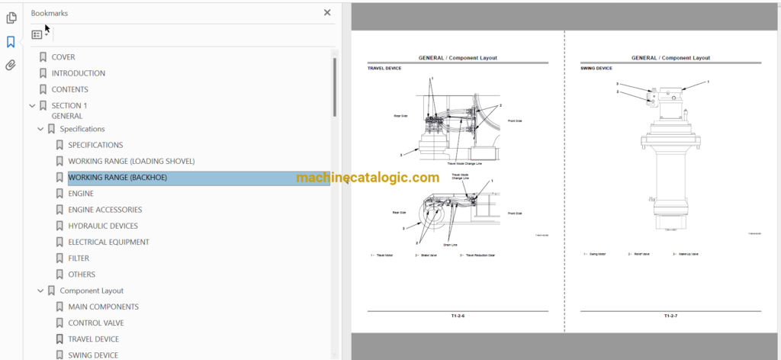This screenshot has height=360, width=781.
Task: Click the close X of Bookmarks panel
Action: click(327, 13)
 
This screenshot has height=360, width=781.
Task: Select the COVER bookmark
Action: click(63, 57)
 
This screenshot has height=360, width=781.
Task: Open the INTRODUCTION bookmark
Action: click(78, 73)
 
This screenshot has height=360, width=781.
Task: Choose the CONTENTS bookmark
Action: click(69, 89)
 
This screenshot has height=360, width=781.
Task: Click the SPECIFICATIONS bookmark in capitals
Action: click(95, 145)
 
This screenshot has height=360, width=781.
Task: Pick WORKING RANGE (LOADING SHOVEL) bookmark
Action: click(131, 161)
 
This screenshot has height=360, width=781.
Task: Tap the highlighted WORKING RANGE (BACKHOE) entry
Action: click(117, 178)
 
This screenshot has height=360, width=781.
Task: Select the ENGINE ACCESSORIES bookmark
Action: click(104, 210)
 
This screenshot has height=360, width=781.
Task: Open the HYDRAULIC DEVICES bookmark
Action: click(103, 226)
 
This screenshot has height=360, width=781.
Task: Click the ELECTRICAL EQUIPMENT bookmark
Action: click(108, 242)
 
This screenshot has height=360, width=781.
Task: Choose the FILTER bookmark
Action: click(79, 259)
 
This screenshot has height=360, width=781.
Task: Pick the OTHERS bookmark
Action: click(82, 275)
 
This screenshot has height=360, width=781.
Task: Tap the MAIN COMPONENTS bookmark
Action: click(103, 307)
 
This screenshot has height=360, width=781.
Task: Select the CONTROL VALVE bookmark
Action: click(95, 323)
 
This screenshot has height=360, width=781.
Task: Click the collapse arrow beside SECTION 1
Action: click(32, 106)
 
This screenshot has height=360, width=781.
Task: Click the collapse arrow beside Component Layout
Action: click(40, 291)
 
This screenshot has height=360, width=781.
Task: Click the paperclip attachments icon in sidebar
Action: click(11, 66)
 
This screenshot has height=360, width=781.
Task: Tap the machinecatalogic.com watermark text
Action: click(368, 178)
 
